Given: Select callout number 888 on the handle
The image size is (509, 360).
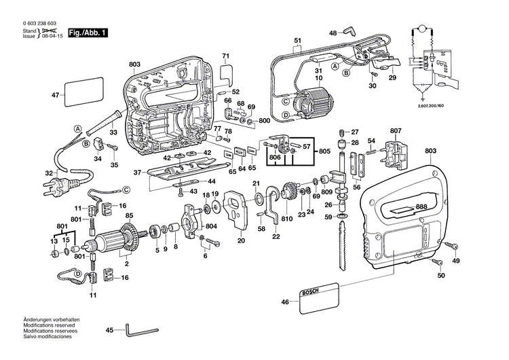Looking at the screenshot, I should [x=421, y=206].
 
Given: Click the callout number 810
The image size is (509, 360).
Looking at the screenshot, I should [x=286, y=219].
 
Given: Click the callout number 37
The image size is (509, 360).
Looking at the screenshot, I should [x=138, y=173].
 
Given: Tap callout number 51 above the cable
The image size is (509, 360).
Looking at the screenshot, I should [x=297, y=41].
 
